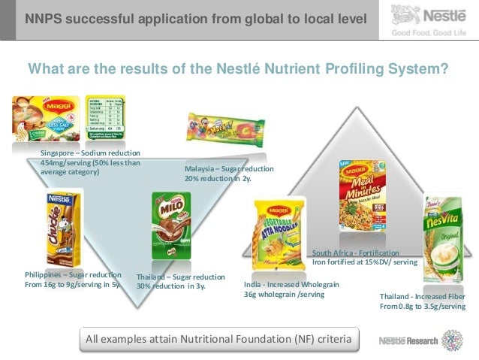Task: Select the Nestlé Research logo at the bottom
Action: click(425, 340)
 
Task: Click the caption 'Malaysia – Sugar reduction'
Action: click(229, 169)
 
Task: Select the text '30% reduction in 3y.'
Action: click(171, 286)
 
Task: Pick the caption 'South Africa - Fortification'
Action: click(356, 253)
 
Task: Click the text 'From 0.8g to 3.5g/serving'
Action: click(427, 307)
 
